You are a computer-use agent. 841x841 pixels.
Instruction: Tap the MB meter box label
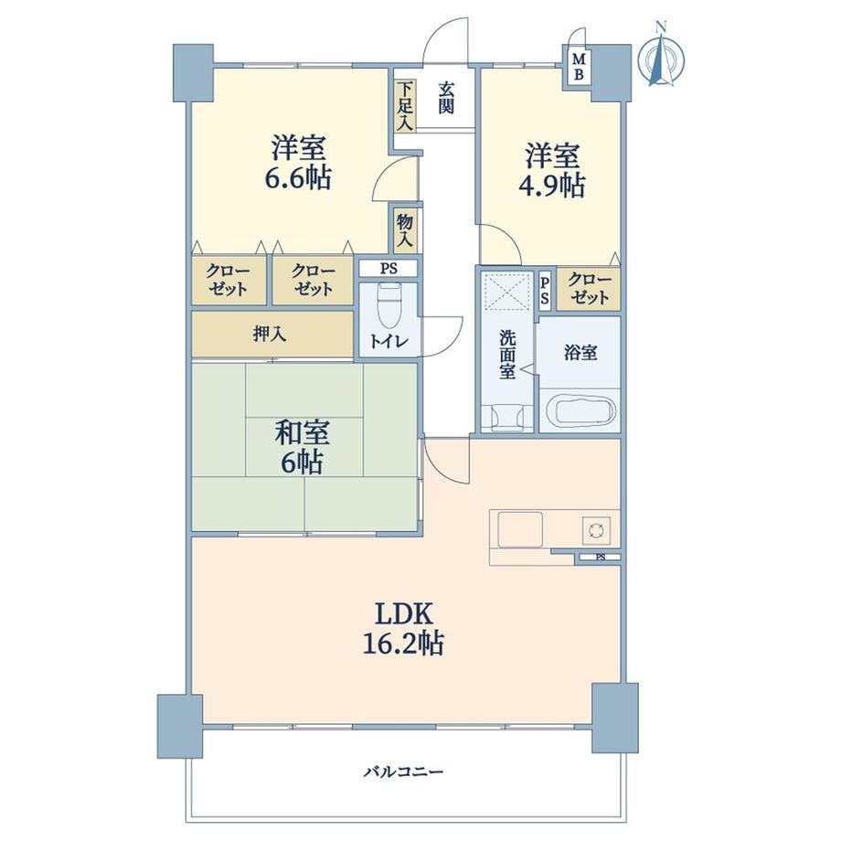click(578, 67)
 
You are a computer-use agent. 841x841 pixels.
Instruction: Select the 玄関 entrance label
click(446, 97)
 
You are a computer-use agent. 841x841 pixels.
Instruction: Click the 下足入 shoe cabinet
click(405, 106)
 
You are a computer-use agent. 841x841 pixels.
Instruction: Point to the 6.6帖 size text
click(298, 177)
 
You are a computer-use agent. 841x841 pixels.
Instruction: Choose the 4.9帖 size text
click(551, 185)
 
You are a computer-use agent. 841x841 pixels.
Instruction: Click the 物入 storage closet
click(405, 230)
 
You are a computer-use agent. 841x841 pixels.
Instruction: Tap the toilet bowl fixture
click(389, 305)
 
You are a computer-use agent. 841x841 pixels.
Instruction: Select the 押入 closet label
click(270, 335)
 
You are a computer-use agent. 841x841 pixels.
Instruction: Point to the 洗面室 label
click(507, 355)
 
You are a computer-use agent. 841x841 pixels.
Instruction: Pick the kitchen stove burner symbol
click(596, 530)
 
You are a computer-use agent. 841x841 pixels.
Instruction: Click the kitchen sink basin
click(520, 529)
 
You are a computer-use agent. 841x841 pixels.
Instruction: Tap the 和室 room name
click(302, 432)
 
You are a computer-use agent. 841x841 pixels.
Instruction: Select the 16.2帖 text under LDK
click(403, 643)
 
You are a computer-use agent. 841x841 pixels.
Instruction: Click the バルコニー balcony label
click(404, 772)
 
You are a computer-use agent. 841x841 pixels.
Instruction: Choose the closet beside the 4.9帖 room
click(589, 289)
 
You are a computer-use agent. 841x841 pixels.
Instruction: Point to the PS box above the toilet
click(389, 268)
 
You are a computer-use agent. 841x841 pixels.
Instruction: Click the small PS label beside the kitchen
click(601, 558)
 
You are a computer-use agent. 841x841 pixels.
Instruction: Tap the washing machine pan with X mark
click(506, 292)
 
